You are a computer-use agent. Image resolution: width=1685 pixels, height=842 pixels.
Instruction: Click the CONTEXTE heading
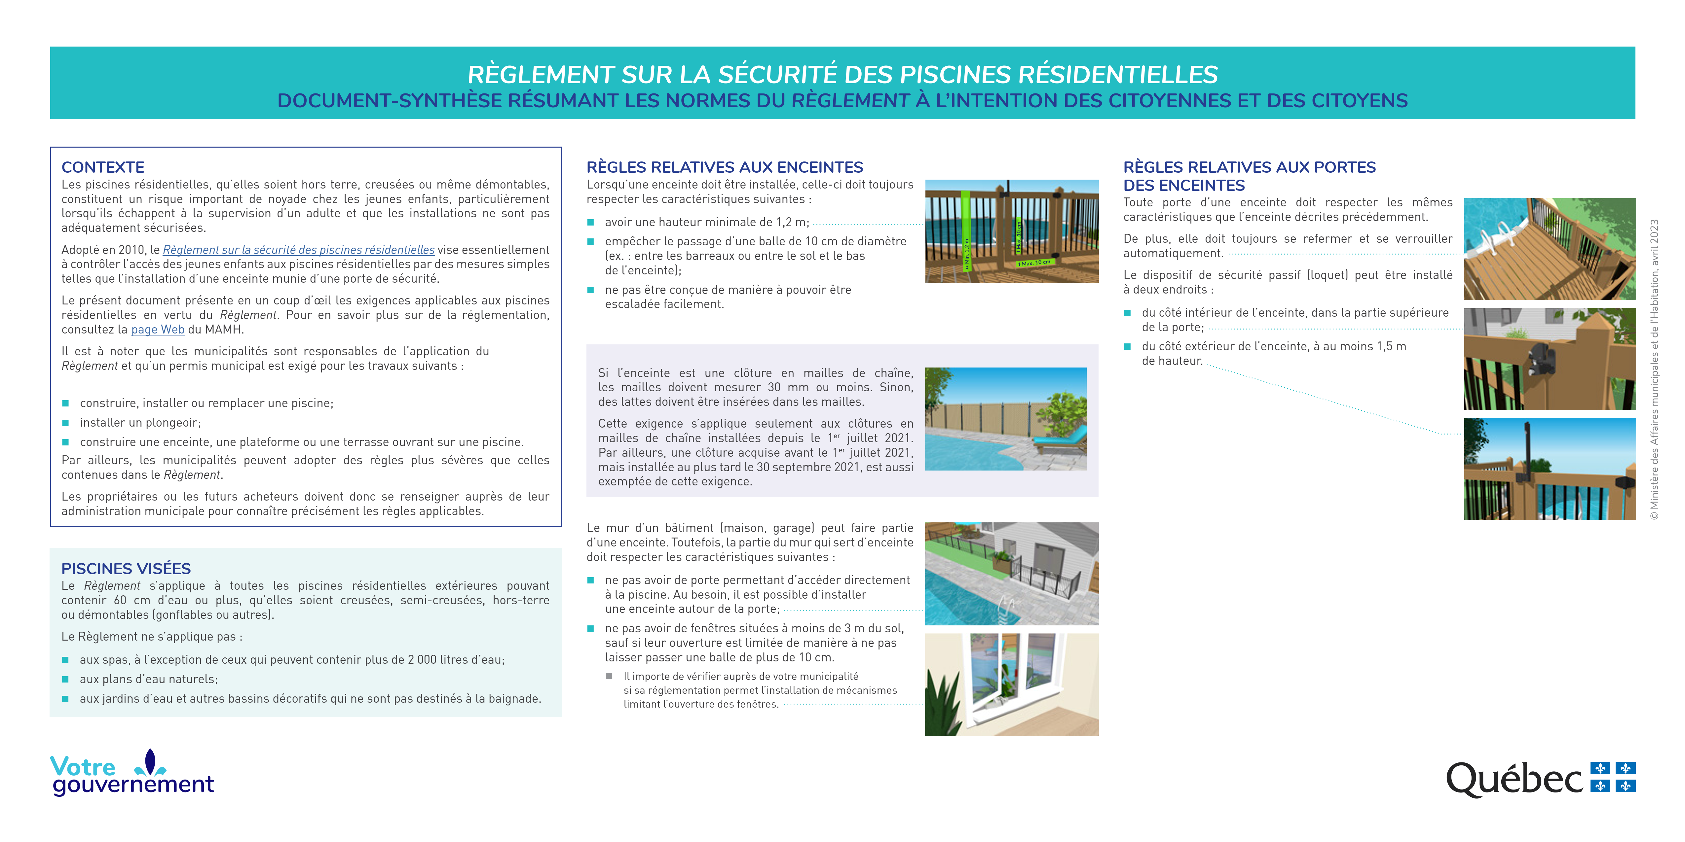point(103,167)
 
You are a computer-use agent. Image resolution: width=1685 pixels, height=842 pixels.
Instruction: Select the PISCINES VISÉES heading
point(126,569)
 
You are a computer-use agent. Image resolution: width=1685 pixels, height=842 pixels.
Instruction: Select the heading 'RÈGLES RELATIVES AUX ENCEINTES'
point(724,167)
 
